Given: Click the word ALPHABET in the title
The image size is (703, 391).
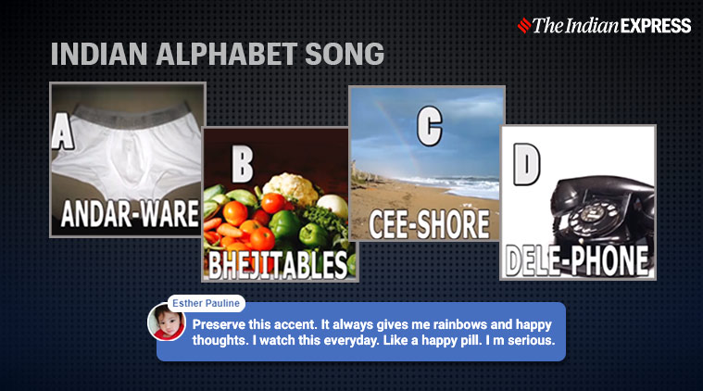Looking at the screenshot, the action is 226,55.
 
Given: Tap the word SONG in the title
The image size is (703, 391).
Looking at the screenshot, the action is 345,55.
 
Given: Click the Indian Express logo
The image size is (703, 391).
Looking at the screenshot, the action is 604,26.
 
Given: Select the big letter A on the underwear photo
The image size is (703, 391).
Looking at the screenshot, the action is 62,131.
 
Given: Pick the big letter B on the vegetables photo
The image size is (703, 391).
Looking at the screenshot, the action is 242,164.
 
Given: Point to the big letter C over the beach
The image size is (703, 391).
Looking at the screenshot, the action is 430,126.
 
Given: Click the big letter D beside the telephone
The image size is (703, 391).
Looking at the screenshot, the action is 526,164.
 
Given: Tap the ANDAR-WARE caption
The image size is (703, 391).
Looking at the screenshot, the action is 130,213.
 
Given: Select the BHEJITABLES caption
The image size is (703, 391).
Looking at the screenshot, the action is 278,265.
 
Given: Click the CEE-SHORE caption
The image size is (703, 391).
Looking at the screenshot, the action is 429,223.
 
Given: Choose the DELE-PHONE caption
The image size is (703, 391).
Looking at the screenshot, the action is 577,261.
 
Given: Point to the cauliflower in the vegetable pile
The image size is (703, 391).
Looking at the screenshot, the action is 292,186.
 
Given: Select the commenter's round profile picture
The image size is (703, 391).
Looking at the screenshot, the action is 167,322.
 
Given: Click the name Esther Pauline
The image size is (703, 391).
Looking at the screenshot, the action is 206,304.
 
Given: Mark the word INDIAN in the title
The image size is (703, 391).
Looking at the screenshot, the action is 99,55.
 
